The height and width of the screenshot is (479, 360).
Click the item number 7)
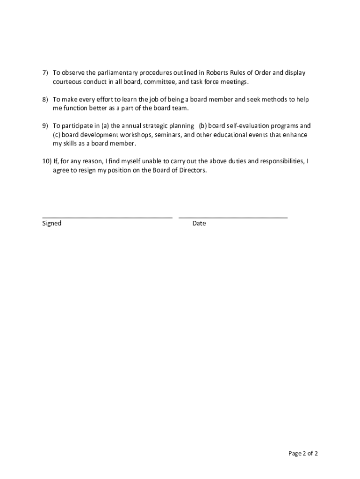click(x=45, y=73)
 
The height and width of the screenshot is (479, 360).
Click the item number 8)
click(x=45, y=100)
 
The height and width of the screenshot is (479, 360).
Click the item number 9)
click(x=45, y=126)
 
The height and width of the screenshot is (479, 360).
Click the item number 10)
click(x=47, y=161)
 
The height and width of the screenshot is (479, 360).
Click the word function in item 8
click(x=74, y=109)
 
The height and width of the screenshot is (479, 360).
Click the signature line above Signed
click(x=107, y=218)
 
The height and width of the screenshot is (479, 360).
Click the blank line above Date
click(x=233, y=218)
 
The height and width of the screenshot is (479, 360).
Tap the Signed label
click(x=52, y=224)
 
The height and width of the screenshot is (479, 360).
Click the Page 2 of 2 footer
click(x=303, y=453)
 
